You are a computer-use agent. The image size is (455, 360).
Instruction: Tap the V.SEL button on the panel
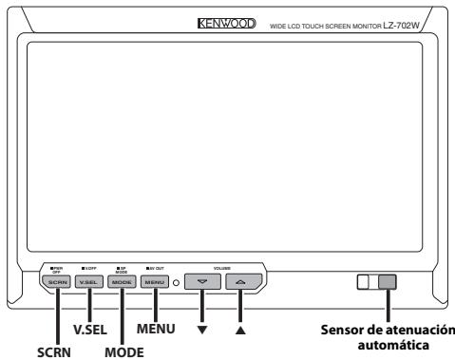pyautogui.click(x=89, y=283)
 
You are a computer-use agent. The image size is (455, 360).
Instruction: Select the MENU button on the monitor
pyautogui.click(x=155, y=283)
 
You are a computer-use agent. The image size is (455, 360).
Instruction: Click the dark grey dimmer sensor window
pyautogui.click(x=388, y=282)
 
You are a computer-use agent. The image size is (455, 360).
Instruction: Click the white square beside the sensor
pyautogui.click(x=367, y=282)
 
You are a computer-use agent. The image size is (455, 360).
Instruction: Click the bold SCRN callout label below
pyautogui.click(x=52, y=349)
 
